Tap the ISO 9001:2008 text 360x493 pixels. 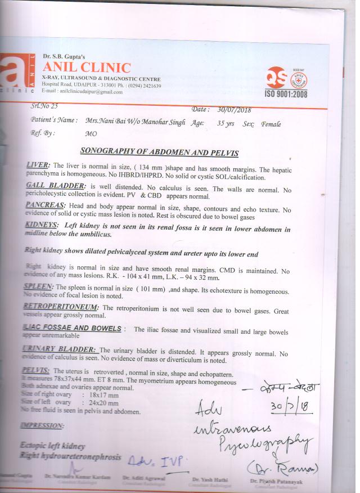tap(286, 93)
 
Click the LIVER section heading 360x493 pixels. tap(38, 165)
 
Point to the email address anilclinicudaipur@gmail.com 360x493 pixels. tap(91, 92)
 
